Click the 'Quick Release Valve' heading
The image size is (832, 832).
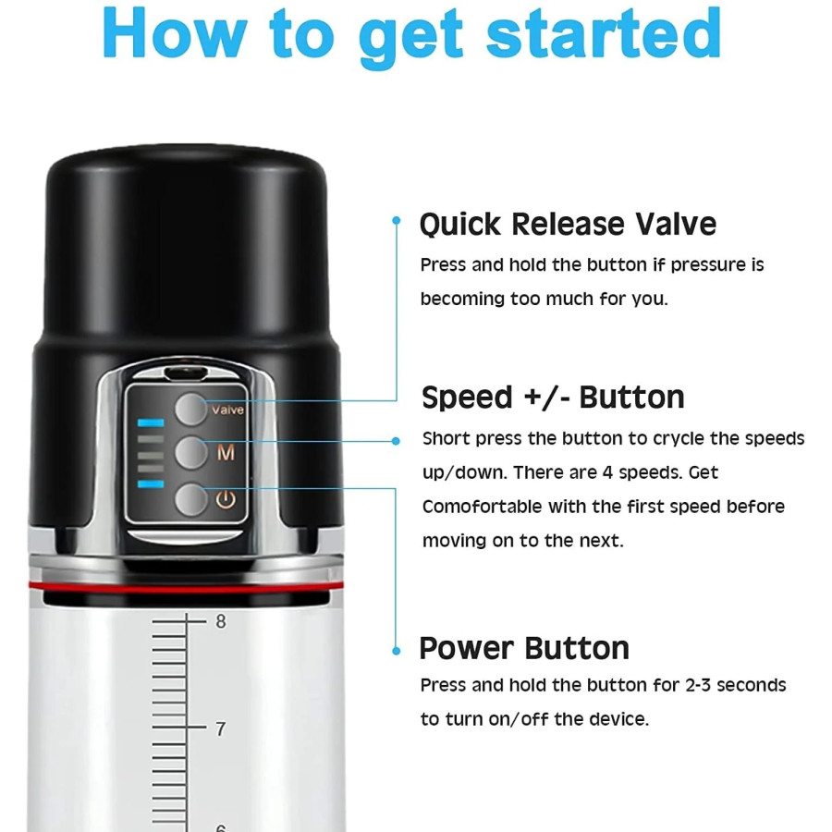pyautogui.click(x=568, y=225)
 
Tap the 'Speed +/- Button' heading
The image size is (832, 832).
pyautogui.click(x=553, y=398)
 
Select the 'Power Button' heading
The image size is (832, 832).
pyautogui.click(x=524, y=648)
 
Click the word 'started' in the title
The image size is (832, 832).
pyautogui.click(x=604, y=33)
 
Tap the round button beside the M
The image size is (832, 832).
pyautogui.click(x=190, y=453)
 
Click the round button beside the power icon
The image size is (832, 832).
pyautogui.click(x=190, y=499)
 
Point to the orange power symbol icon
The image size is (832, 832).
pyautogui.click(x=226, y=499)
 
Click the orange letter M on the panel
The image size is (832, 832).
pyautogui.click(x=226, y=453)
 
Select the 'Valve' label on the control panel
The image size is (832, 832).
pyautogui.click(x=227, y=410)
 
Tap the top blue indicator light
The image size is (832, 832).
pyautogui.click(x=151, y=422)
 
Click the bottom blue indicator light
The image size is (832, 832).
pyautogui.click(x=151, y=483)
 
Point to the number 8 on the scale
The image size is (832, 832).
pyautogui.click(x=221, y=621)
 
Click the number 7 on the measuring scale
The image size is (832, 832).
pyautogui.click(x=221, y=729)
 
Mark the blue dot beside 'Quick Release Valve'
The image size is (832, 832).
pyautogui.click(x=396, y=220)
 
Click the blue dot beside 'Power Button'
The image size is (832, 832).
pyautogui.click(x=396, y=651)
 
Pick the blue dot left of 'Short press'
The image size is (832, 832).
pyautogui.click(x=396, y=441)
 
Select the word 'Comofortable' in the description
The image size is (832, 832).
pyautogui.click(x=483, y=507)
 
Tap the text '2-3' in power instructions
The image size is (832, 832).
pyautogui.click(x=698, y=685)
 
